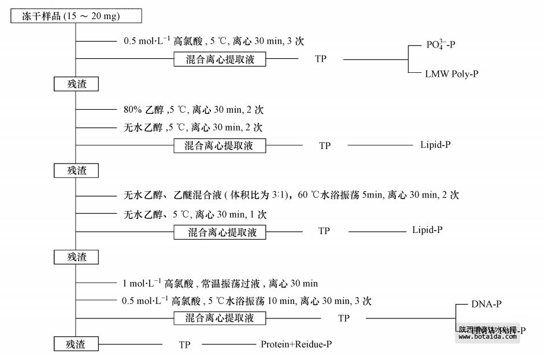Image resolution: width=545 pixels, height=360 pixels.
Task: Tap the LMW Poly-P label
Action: tap(451, 74)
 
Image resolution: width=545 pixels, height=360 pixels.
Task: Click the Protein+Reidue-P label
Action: tap(296, 344)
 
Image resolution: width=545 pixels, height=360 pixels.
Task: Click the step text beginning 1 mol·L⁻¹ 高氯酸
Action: tap(220, 283)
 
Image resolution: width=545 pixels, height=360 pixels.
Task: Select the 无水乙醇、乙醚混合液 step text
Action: tap(291, 195)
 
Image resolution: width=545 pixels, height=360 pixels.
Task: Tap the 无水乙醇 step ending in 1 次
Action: tap(195, 214)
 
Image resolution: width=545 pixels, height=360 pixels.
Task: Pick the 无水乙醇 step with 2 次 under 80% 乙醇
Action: tap(193, 127)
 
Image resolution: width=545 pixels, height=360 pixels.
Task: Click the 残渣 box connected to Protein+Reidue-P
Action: tap(76, 344)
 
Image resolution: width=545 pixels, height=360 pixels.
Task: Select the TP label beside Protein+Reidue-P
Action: tap(184, 345)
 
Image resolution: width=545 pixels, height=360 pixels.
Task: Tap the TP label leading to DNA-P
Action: tap(344, 318)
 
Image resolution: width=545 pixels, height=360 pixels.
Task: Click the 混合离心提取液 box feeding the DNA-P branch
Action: tap(220, 318)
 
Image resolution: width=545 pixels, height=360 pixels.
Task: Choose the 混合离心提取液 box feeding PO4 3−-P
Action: tap(220, 59)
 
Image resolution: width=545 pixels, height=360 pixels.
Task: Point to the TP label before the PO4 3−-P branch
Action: tap(321, 59)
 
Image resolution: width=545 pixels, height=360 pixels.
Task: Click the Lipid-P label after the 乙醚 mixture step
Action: tap(428, 230)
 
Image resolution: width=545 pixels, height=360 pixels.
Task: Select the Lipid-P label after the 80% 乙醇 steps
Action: tap(435, 144)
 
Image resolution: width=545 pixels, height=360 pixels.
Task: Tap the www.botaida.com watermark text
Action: tap(485, 337)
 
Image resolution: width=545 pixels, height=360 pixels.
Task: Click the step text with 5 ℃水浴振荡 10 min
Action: tap(246, 300)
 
